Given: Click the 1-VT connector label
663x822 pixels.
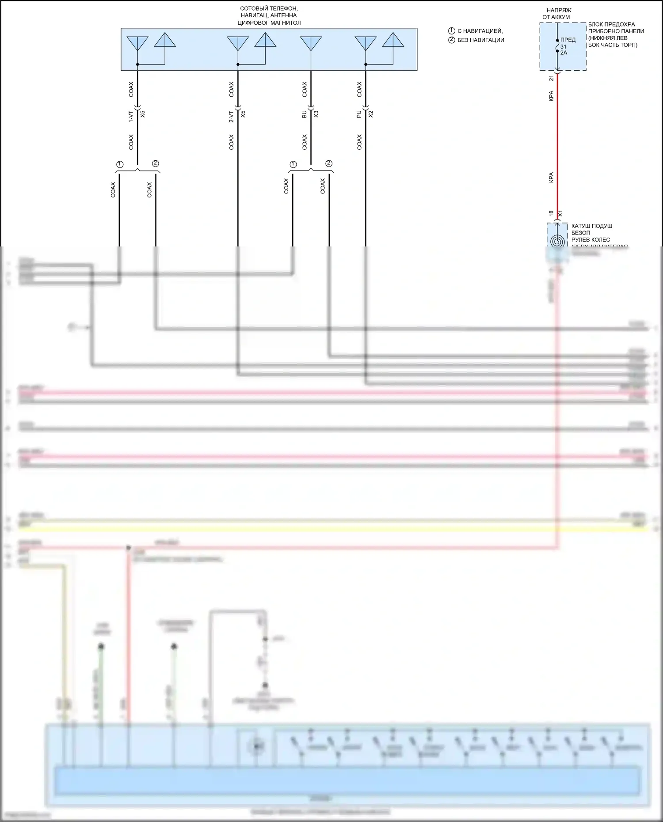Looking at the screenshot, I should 131,116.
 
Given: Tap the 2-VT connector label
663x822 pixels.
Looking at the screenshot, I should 231,116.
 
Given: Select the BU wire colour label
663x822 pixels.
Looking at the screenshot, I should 304,114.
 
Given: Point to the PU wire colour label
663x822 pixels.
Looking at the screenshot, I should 359,114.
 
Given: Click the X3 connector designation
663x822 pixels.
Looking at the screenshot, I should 316,114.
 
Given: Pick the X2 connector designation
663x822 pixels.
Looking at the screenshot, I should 371,114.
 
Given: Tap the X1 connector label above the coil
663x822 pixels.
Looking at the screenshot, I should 560,213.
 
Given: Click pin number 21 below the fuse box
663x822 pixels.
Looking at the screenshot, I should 551,78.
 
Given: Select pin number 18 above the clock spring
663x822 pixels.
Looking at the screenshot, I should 551,213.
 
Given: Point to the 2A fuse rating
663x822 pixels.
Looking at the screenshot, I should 564,53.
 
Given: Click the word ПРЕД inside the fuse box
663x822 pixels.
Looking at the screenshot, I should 568,40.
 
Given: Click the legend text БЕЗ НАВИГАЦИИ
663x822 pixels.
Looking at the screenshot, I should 481,40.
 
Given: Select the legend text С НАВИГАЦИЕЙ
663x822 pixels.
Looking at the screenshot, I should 480,31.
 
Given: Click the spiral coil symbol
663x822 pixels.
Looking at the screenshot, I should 557,241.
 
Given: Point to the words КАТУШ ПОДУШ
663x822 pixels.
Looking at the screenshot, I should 592,226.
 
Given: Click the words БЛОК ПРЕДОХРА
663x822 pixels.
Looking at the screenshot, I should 611,25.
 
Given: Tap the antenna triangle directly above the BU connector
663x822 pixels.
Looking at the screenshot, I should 311,43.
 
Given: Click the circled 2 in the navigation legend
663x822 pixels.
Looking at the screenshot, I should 452,40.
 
